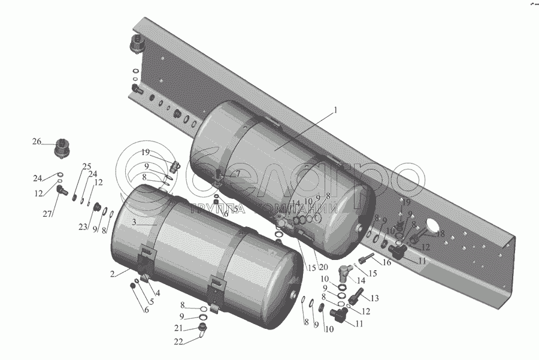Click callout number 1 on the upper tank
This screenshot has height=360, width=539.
[336, 110]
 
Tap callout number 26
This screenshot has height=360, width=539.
[37, 141]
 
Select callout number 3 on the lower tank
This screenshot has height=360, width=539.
[135, 222]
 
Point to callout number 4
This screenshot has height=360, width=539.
[158, 292]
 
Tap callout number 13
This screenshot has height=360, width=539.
[376, 298]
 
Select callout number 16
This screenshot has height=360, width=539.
[387, 262]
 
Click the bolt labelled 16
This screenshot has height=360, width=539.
[367, 258]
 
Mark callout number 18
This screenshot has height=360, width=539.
[441, 234]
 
